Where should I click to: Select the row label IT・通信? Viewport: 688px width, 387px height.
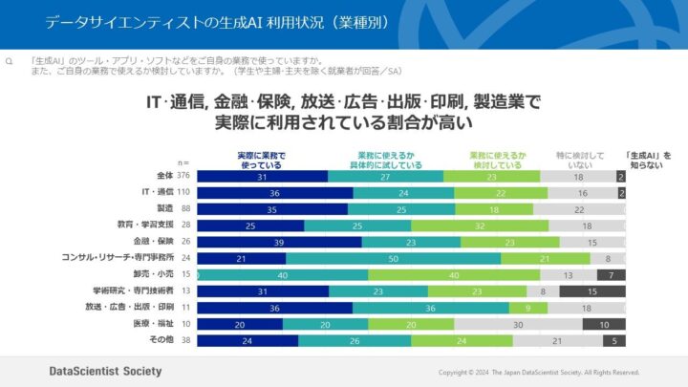pyautogui.click(x=154, y=192)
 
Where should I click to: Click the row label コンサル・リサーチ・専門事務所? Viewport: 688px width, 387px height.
pyautogui.click(x=118, y=257)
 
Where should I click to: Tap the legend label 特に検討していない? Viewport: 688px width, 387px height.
pyautogui.click(x=581, y=159)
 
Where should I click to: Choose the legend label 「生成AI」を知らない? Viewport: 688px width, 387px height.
pyautogui.click(x=648, y=159)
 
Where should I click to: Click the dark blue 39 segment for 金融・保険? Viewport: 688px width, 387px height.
pyautogui.click(x=279, y=242)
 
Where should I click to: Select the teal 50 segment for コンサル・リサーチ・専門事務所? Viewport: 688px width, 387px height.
pyautogui.click(x=393, y=258)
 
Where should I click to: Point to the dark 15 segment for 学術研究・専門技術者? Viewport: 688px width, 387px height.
pyautogui.click(x=592, y=290)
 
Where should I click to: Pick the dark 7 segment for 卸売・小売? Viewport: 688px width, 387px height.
pyautogui.click(x=611, y=274)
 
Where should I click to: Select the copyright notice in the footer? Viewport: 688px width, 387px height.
pyautogui.click(x=538, y=372)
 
